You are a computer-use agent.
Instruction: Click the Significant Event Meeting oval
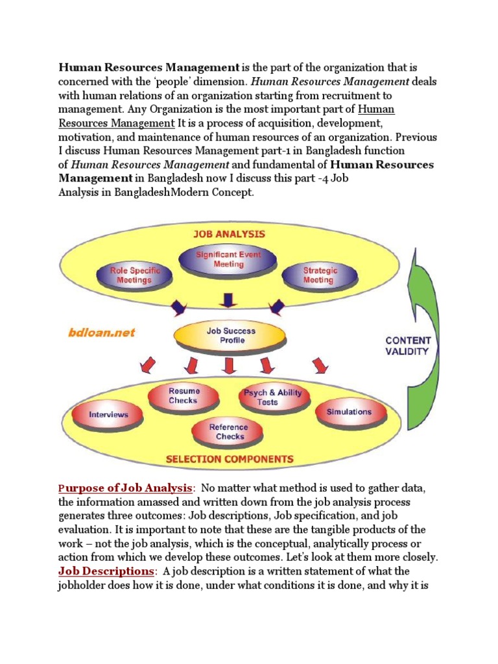(228, 259)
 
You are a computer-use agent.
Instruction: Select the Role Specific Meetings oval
(134, 274)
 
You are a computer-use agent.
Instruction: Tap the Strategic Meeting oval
(318, 274)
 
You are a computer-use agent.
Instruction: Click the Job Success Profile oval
(231, 335)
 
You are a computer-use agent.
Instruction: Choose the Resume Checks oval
(184, 396)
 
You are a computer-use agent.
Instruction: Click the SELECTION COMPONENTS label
(229, 459)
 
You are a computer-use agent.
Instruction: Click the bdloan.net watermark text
(102, 332)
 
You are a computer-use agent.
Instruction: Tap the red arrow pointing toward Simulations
(319, 366)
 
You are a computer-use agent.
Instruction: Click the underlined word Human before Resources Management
(375, 109)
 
